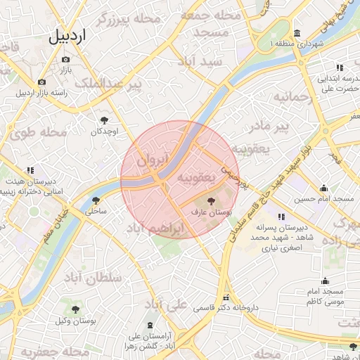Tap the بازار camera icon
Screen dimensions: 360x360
point(66,59)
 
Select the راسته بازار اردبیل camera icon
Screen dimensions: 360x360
point(42,82)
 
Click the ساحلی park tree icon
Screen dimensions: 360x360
point(96,200)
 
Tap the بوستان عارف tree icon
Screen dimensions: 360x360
point(211,201)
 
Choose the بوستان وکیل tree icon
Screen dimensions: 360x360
point(76,310)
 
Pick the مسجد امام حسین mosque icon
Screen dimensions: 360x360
point(323,188)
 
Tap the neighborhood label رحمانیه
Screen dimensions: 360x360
point(292,96)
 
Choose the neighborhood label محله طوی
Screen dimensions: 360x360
point(44,131)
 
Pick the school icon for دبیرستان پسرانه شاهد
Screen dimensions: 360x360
point(281,217)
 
